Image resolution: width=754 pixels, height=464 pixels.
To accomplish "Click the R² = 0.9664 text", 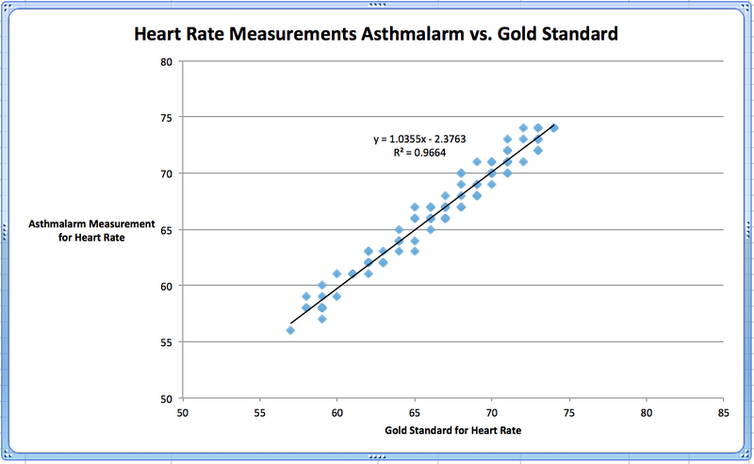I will point(418,151).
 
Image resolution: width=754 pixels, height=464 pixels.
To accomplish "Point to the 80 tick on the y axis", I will point(167,61).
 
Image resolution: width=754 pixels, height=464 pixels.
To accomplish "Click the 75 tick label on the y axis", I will point(167,117).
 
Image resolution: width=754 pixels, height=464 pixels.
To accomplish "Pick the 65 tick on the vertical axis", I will point(167,229).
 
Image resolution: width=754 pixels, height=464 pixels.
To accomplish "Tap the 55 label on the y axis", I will point(167,341).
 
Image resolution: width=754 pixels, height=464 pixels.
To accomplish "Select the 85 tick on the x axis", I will point(723,412).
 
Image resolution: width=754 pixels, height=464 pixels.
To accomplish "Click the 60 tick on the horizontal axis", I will point(336,412).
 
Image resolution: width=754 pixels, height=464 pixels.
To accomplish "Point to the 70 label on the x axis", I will point(491,412).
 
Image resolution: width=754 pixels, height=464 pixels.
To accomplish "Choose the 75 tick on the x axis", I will point(568,412).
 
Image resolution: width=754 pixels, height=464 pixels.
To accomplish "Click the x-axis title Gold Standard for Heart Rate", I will point(451,431).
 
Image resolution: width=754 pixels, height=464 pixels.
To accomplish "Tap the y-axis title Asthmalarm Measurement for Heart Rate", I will point(91,230).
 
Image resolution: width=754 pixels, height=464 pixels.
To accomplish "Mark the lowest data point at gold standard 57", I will point(290,330).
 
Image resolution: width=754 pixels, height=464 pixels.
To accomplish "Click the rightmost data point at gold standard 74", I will point(553,128).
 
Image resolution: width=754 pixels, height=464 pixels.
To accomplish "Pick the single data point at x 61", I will point(352,273).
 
